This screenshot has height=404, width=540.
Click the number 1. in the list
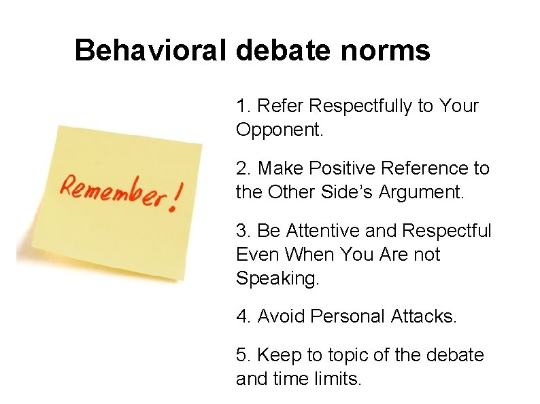[x=243, y=107]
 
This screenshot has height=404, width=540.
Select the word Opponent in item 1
[x=279, y=130]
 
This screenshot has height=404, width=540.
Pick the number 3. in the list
[x=243, y=232]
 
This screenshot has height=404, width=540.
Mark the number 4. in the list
[x=243, y=316]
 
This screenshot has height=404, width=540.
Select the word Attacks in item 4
[x=424, y=316]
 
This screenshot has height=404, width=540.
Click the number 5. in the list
[x=243, y=355]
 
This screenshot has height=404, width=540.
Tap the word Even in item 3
[x=258, y=255]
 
